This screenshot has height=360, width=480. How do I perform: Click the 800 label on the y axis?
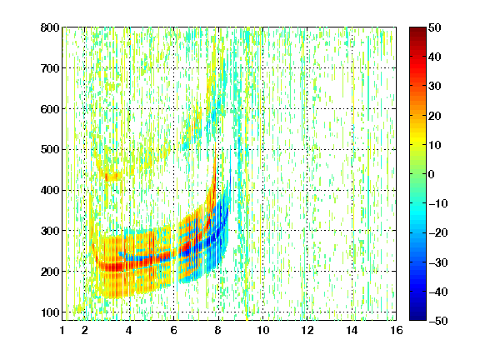50,27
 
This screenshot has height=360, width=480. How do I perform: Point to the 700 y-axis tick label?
50,68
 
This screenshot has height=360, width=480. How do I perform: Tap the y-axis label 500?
50,150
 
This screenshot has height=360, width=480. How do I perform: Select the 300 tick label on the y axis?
50,231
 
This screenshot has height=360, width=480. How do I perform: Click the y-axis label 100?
50,312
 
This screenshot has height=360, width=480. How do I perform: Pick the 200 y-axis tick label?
50,272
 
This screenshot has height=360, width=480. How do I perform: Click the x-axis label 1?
62,330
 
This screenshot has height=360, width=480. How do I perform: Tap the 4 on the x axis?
129,330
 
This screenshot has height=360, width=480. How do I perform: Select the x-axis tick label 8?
217,330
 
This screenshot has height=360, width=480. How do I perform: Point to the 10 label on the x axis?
263,330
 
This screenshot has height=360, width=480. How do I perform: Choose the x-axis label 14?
352,330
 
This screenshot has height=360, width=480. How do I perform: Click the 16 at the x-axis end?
397,330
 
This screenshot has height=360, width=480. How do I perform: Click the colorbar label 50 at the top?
435,27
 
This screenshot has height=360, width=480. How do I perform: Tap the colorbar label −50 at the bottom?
438,321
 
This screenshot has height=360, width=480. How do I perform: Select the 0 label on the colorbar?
432,174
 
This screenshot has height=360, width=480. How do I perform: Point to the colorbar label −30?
438,262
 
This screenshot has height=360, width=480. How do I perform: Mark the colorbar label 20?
435,116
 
